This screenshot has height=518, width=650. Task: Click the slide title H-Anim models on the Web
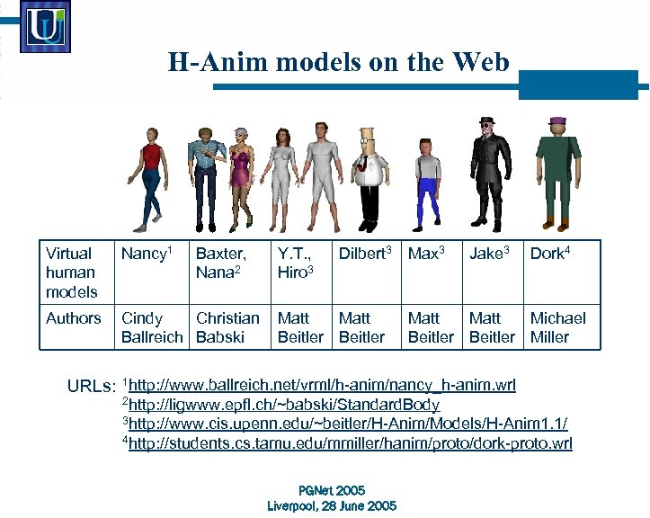click(x=338, y=62)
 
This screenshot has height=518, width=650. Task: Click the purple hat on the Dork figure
click(x=557, y=121)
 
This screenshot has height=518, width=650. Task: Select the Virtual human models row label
click(x=71, y=272)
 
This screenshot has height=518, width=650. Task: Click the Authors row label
click(x=73, y=318)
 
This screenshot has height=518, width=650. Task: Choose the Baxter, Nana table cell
click(x=221, y=263)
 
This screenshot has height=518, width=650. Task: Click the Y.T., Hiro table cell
click(x=296, y=263)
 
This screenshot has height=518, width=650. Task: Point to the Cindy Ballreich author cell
click(x=152, y=327)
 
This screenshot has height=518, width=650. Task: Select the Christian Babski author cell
click(x=227, y=327)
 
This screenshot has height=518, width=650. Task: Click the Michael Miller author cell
click(x=557, y=327)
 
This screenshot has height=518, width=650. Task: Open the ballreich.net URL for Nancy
click(x=322, y=386)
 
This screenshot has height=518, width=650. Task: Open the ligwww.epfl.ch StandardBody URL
click(x=284, y=405)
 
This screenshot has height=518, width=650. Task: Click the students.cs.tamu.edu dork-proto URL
click(x=351, y=442)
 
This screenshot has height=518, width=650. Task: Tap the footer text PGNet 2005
click(x=332, y=490)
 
